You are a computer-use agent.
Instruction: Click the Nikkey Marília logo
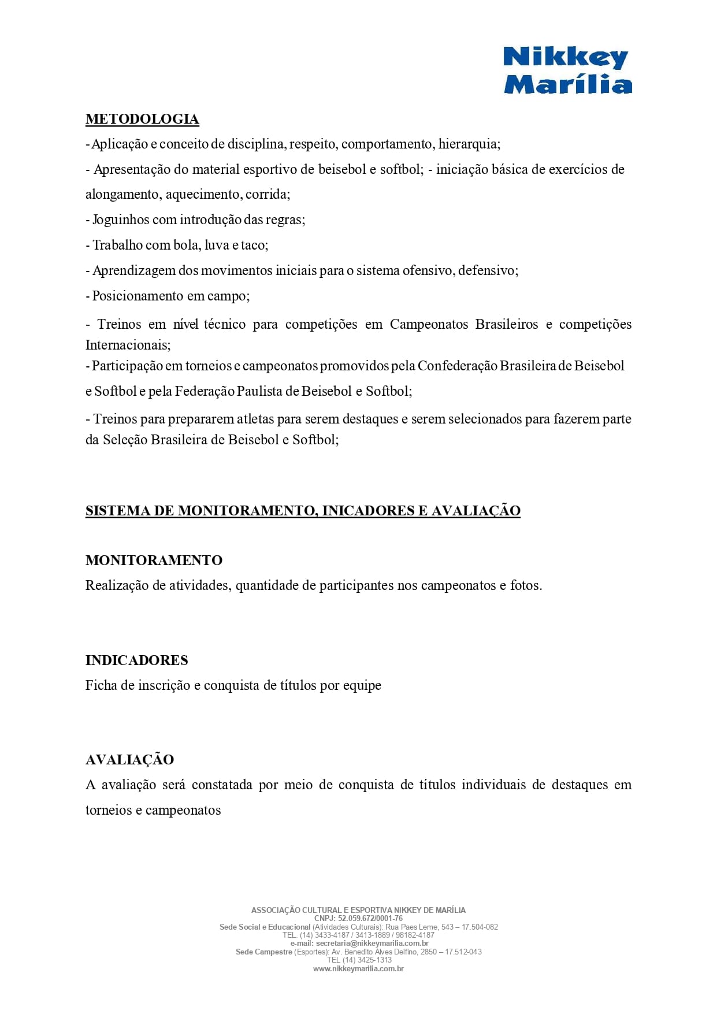tap(567, 70)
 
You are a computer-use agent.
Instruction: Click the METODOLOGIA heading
tap(142, 119)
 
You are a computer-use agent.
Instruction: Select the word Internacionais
tap(127, 345)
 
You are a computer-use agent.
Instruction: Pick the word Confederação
tap(457, 366)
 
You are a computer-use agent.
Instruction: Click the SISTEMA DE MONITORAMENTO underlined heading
tap(303, 511)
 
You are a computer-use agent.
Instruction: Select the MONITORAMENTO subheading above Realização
tap(154, 560)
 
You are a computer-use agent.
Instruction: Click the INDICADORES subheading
tap(137, 660)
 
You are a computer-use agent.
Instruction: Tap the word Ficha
tap(101, 685)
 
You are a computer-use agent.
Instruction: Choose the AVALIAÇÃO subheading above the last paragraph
tap(129, 760)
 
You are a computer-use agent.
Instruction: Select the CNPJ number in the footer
tap(370, 918)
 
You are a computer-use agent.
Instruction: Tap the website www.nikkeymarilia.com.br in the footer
tap(358, 968)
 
